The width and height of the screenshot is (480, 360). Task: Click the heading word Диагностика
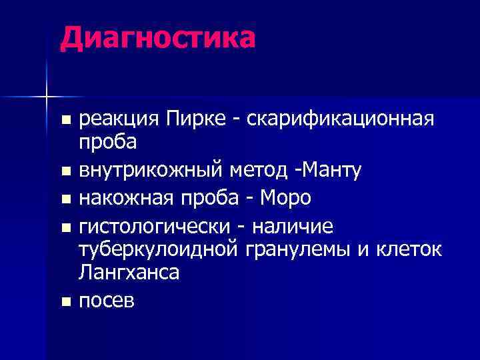157,37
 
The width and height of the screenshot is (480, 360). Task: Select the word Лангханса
129,272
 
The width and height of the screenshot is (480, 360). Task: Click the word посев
107,301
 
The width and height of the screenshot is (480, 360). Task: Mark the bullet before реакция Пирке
65,121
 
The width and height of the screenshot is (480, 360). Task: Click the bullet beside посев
65,302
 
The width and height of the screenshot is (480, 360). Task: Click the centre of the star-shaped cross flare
47,97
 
